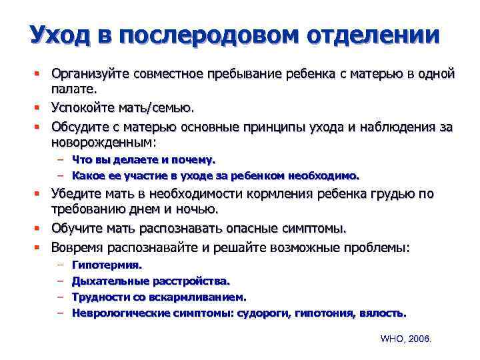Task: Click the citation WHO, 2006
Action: coord(406,339)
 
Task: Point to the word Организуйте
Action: coord(92,73)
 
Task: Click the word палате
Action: coord(74,88)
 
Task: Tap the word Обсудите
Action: coord(79,125)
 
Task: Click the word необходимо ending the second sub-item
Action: coord(325,176)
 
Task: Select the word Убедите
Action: coord(75,194)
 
